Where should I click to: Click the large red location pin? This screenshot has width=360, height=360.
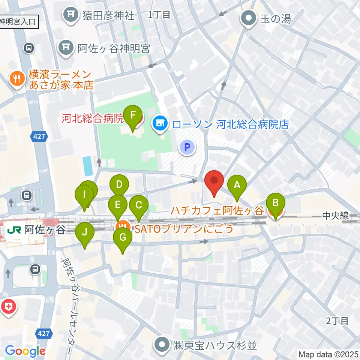tap(214, 182)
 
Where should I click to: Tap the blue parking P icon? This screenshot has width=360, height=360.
tap(187, 147)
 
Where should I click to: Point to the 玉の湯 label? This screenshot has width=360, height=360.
tap(276, 18)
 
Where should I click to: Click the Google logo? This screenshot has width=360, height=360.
tap(25, 351)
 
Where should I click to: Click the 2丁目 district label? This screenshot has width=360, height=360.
tap(337, 321)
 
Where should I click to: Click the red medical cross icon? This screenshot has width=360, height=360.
tap(8, 306)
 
